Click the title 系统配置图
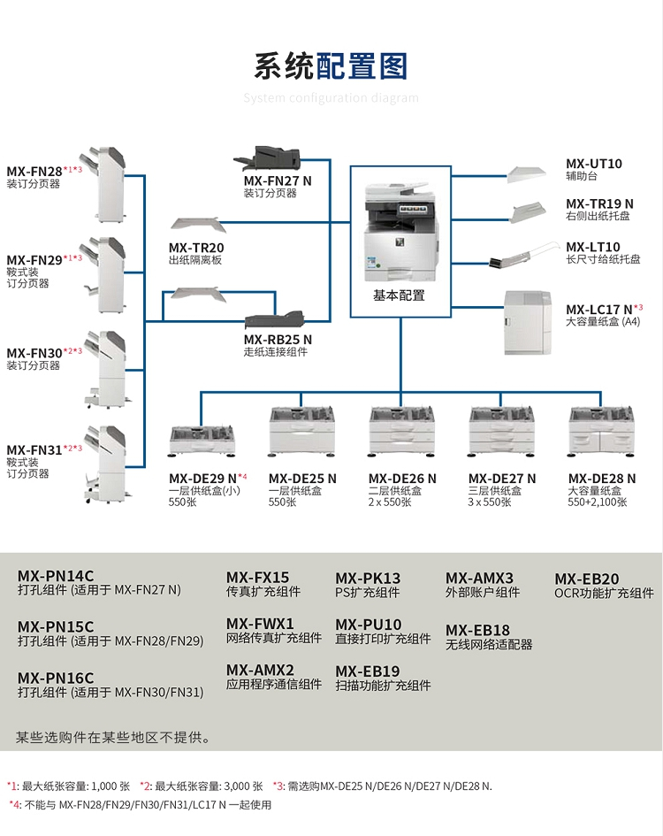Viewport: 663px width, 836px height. (331, 66)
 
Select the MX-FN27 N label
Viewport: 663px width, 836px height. (278, 180)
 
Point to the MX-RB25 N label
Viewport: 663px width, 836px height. (278, 339)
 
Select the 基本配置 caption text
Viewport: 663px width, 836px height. (399, 295)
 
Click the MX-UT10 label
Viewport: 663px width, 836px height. (593, 164)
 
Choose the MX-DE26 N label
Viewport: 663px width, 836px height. (402, 479)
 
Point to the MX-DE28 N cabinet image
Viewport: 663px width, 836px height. (602, 434)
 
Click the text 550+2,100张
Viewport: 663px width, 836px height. (597, 502)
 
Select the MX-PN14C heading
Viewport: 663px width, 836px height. (55, 576)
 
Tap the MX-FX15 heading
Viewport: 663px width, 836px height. (257, 577)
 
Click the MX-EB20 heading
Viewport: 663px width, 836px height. (586, 579)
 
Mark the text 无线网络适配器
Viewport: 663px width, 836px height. (489, 645)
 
